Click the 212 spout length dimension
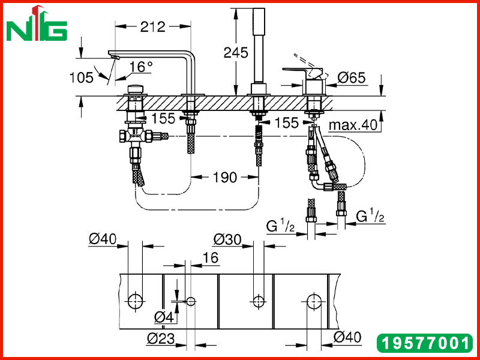(153, 27)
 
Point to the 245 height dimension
(235, 53)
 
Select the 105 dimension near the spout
(81, 77)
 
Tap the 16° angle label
(141, 67)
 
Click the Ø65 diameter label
(352, 78)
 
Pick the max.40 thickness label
(353, 125)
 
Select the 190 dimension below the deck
(225, 177)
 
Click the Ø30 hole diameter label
(227, 239)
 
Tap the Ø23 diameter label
(161, 338)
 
